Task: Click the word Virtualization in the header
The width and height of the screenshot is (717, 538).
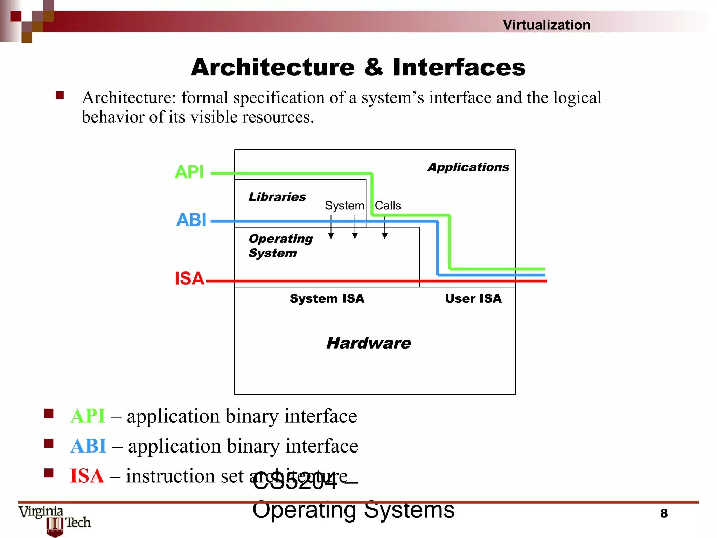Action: (546, 25)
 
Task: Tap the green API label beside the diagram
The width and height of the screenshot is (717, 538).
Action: (189, 172)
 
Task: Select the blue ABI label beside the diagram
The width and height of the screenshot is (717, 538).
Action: (191, 220)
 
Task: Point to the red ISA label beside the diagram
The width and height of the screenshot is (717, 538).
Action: (189, 278)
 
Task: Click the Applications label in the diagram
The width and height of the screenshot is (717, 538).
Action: (468, 167)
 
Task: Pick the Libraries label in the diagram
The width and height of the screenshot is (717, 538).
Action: (277, 197)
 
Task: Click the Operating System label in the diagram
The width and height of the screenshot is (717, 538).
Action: (280, 246)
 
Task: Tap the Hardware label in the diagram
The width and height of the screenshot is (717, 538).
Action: (368, 343)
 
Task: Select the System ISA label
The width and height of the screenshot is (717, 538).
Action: (327, 298)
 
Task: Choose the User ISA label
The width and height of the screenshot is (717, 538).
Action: (473, 298)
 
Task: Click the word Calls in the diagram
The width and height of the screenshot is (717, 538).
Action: (388, 206)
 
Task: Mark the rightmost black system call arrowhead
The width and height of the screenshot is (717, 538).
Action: (385, 236)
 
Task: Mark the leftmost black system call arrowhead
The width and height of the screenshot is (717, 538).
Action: (331, 236)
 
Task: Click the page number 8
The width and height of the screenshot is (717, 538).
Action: (664, 513)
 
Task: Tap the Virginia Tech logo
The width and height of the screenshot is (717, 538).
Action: (55, 520)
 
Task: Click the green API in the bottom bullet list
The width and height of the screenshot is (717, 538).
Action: (88, 416)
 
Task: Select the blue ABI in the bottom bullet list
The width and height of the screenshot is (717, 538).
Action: (88, 446)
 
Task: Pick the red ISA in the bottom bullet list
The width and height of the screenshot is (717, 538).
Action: (87, 476)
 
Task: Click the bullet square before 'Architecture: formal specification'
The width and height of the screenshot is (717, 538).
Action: (60, 95)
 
